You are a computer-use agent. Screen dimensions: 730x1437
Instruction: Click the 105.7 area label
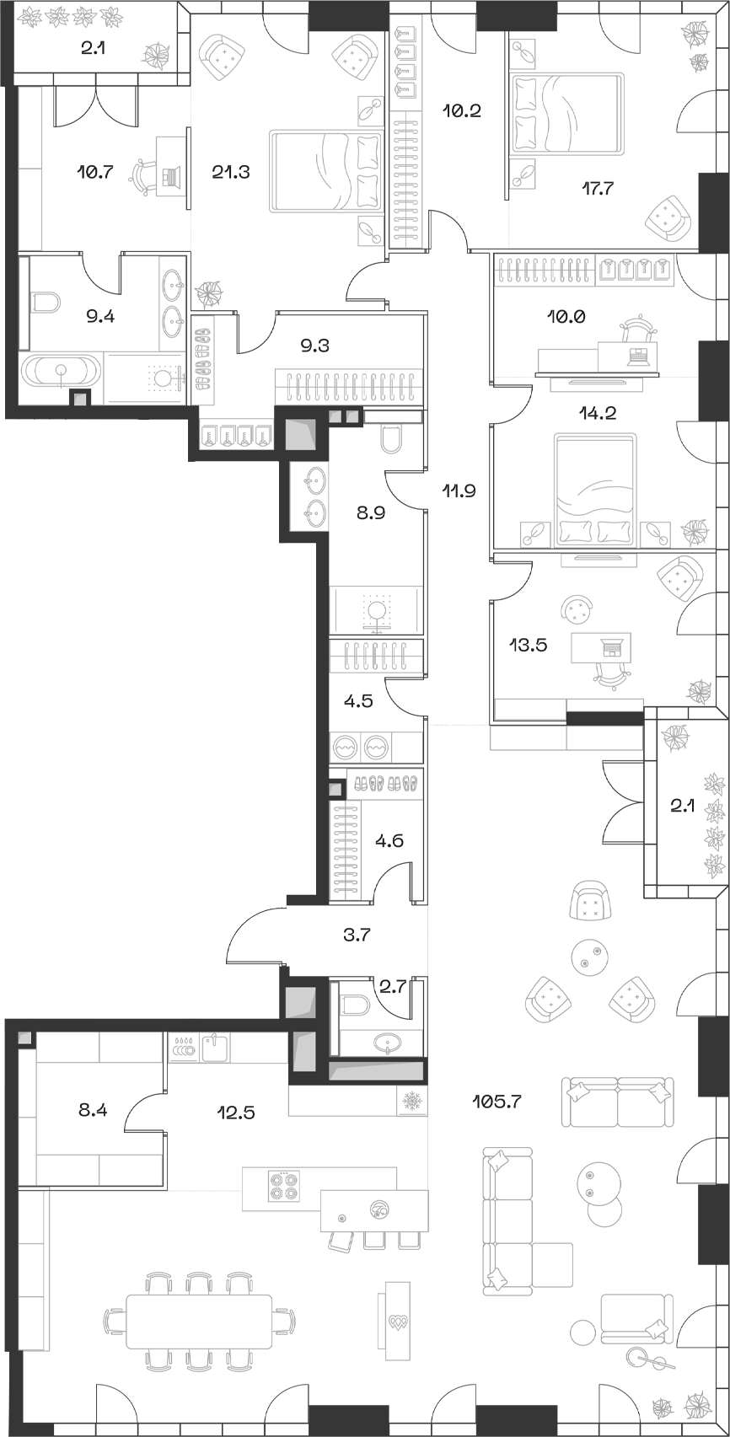[497, 1102]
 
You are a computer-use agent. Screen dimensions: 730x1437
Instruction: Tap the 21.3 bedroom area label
[231, 172]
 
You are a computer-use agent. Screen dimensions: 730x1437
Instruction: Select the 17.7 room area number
[597, 188]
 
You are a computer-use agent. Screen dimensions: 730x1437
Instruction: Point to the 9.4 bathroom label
[100, 315]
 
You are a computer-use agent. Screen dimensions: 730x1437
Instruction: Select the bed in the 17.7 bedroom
[567, 114]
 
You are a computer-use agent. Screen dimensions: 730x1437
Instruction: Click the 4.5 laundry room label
[358, 701]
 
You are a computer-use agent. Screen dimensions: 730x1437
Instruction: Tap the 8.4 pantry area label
[93, 1109]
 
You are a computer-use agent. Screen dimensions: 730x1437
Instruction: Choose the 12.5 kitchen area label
[236, 1113]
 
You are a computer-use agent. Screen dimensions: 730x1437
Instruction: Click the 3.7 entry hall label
[357, 935]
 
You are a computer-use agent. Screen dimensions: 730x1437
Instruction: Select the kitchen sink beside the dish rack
[216, 1047]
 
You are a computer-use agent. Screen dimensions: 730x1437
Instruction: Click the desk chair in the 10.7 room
[143, 176]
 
